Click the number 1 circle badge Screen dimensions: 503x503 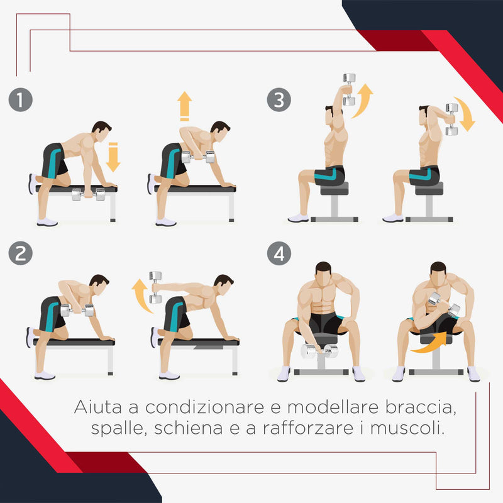point(21,101)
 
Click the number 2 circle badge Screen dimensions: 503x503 point(21,254)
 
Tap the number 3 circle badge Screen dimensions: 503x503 point(278,101)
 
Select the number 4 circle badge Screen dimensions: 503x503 point(278,254)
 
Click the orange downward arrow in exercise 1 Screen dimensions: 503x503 point(113,157)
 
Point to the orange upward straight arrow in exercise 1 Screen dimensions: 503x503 point(184,106)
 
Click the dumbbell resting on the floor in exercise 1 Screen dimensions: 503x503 point(88,194)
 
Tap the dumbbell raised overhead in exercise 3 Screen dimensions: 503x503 point(349,84)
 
